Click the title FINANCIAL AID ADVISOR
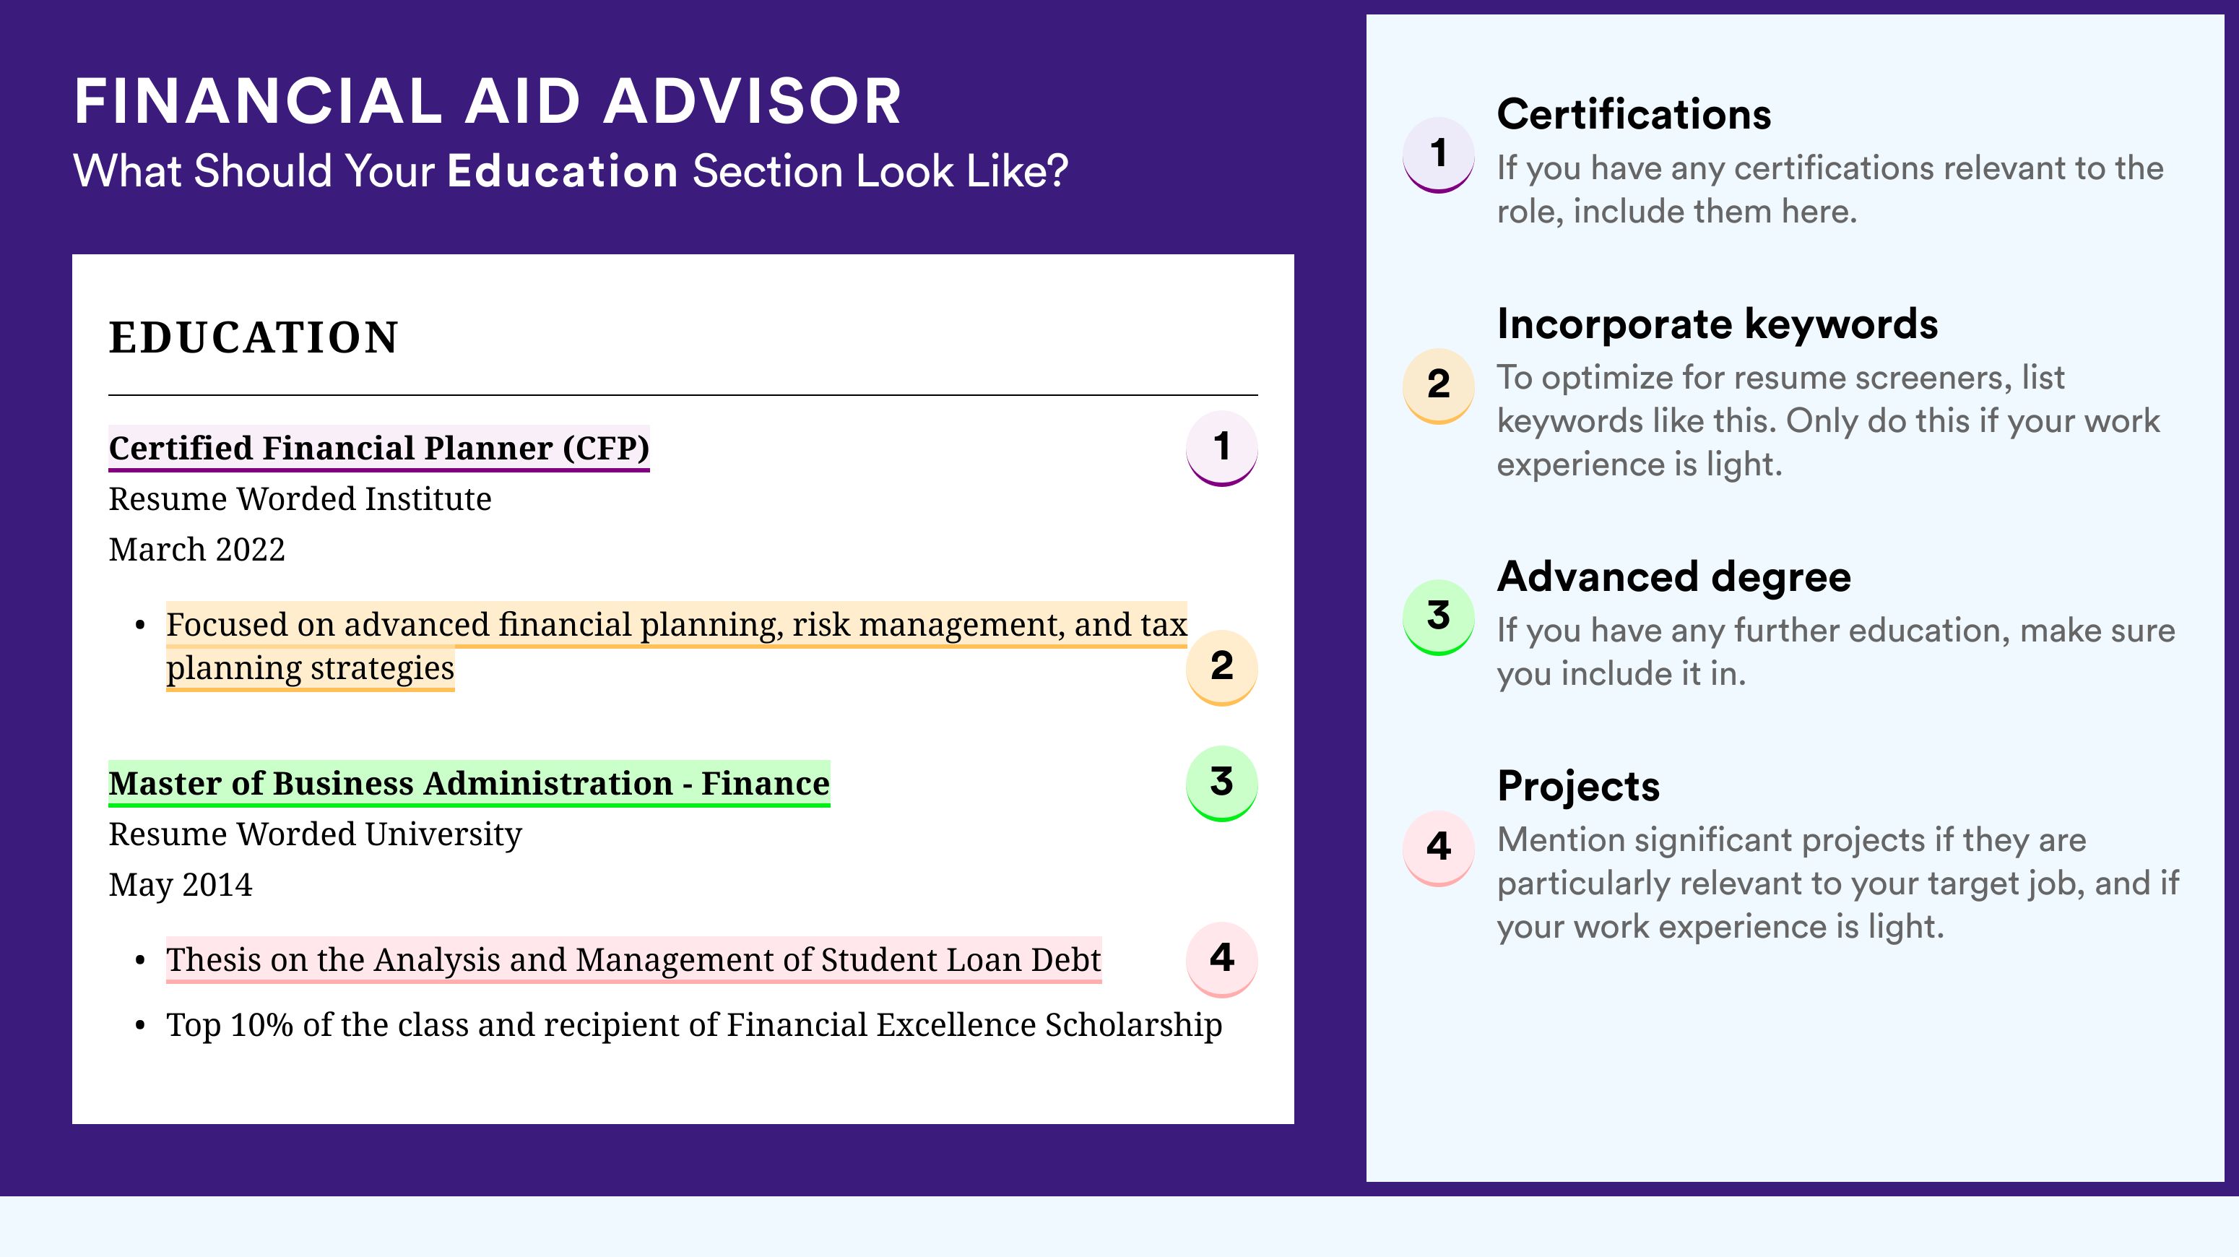488,101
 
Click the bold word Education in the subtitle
563,170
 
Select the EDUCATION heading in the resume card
253,337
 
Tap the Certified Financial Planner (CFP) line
379,448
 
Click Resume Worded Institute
300,499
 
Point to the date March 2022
196,549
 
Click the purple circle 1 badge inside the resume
1221,448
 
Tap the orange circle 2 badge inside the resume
1221,667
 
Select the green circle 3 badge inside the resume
1221,783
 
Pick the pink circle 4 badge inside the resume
1221,959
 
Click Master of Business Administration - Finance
469,783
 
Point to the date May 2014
180,885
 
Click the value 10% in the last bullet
261,1025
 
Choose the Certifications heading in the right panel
1634,114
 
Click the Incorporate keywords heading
1718,324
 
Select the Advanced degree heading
1674,576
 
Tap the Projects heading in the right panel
1578,787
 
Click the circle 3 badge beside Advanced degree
1439,616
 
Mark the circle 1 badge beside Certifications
1439,155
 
